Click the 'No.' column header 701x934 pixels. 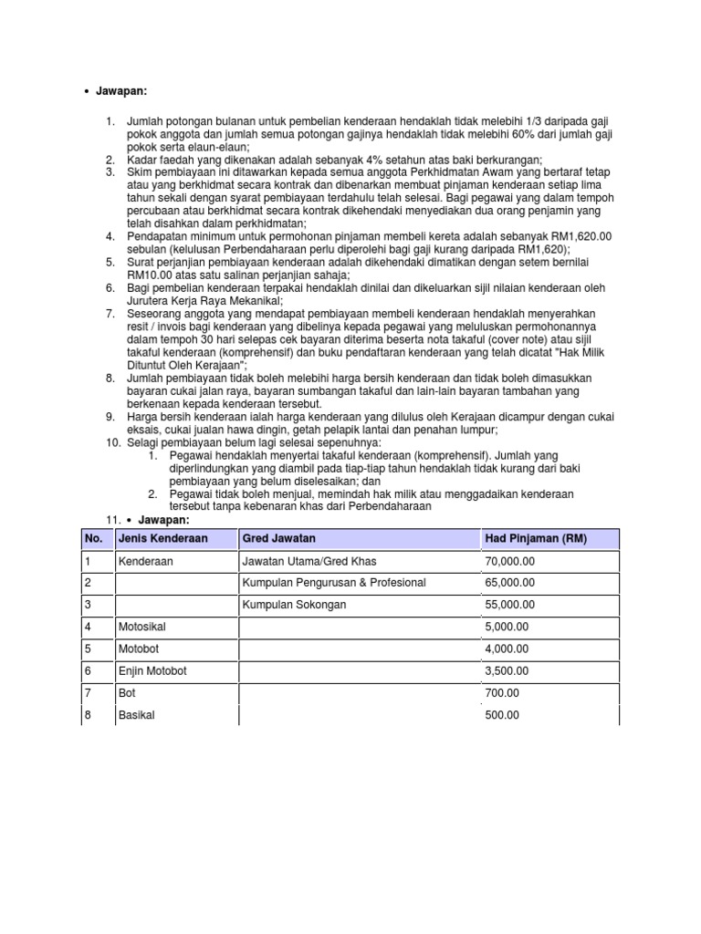tap(93, 539)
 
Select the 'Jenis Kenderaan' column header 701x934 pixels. tap(162, 539)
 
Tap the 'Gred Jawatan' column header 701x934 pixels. tap(278, 539)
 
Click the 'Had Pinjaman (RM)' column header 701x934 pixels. tap(536, 539)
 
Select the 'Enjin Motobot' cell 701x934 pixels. tap(152, 671)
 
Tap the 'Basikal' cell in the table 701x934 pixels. tap(137, 715)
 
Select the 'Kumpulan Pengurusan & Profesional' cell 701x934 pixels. tap(334, 583)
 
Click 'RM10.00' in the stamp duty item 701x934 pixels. tap(149, 275)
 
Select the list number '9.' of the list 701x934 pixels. tap(110, 418)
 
